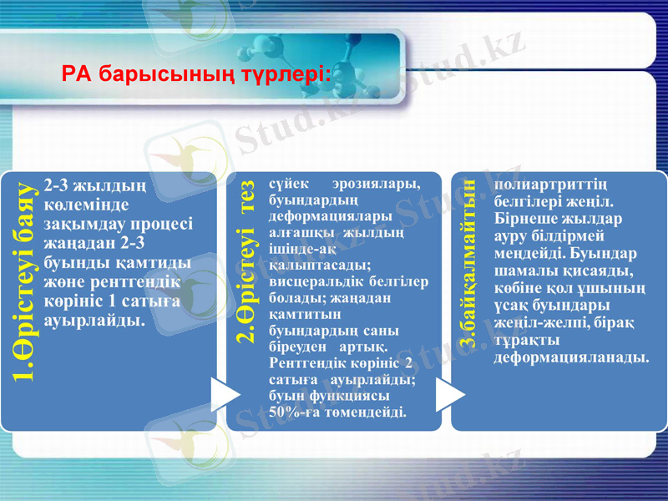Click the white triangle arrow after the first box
pos(224,394)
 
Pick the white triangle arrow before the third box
pos(450,394)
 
